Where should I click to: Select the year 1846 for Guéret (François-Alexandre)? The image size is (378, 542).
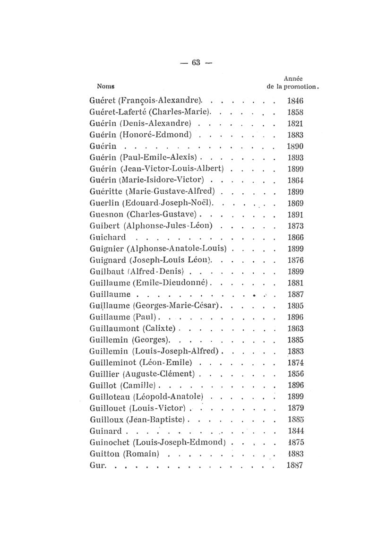click(295, 100)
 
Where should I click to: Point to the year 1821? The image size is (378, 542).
click(295, 123)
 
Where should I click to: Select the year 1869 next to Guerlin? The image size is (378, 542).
click(295, 203)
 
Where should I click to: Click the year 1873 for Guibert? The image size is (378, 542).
click(295, 226)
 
